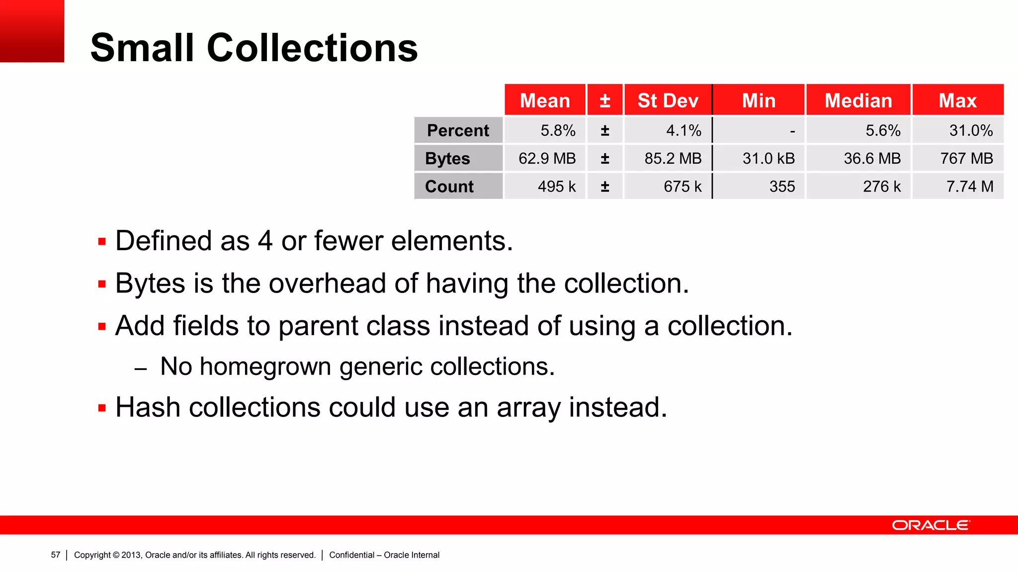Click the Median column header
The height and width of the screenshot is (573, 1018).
858,100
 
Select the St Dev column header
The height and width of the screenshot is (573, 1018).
668,100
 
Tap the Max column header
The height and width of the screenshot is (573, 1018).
957,100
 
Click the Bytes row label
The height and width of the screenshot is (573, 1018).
447,158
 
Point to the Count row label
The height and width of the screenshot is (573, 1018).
449,187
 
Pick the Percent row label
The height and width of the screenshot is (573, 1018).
458,130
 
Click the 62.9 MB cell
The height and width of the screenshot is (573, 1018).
547,158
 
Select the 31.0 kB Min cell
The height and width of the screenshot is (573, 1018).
768,158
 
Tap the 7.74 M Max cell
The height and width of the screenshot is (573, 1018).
969,187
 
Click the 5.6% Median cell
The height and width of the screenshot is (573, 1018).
883,130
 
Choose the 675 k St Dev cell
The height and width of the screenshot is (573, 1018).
682,187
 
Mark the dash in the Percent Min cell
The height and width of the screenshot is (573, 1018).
792,131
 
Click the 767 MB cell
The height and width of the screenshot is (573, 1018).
966,158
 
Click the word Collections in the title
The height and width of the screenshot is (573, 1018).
312,48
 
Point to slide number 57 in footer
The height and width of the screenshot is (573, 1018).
56,555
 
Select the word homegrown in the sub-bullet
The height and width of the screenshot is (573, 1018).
265,367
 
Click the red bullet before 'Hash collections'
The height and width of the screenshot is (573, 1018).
102,408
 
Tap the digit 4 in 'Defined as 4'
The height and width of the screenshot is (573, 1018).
265,241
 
